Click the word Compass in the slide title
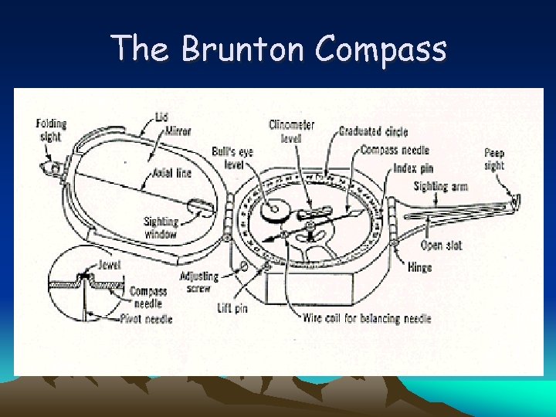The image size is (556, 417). (381, 49)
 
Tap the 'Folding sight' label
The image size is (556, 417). (51, 130)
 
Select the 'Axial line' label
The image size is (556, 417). (172, 173)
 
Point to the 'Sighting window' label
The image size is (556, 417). (161, 228)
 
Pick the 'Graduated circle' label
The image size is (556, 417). (374, 131)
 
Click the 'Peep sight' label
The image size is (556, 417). (494, 159)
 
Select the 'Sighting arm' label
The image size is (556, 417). (441, 186)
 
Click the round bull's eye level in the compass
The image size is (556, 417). (273, 209)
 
